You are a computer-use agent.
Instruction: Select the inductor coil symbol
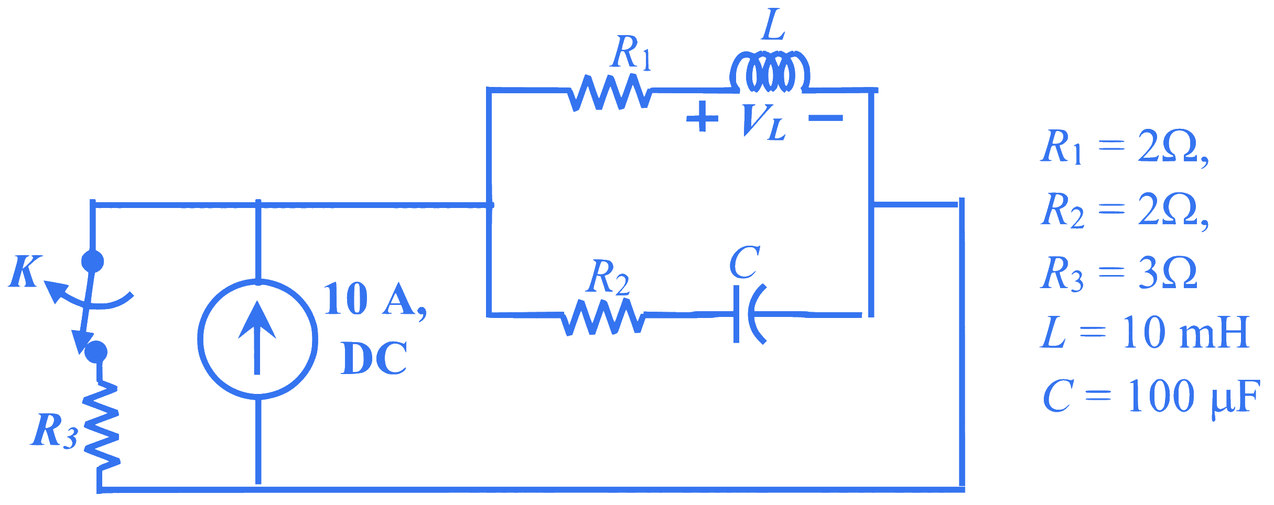770,72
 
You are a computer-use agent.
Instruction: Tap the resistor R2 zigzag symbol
603,317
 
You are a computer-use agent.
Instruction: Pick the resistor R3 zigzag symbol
102,426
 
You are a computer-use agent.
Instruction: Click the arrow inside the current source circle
257,338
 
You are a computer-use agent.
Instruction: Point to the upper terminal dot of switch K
93,261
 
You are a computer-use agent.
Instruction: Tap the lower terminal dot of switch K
96,352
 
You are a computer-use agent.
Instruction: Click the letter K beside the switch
25,271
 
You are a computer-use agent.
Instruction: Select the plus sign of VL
702,117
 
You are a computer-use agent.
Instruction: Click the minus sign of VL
826,118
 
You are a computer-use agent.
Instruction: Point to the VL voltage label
765,122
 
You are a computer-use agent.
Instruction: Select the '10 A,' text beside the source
375,299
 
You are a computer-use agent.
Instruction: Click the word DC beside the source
374,358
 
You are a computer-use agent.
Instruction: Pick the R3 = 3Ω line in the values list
1119,273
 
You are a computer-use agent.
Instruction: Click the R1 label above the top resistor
632,52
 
